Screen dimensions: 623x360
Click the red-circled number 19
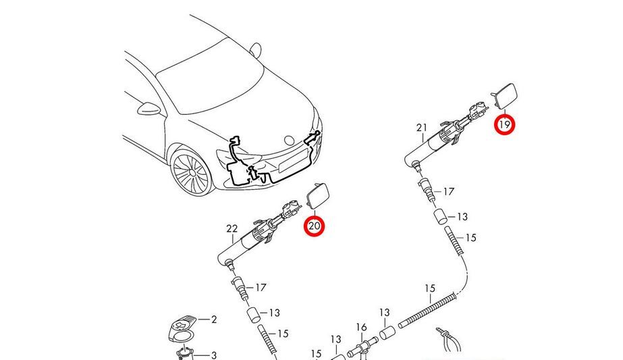[x=504, y=124]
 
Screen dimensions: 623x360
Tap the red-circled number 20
[x=315, y=226]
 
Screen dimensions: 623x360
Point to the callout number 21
[x=422, y=128]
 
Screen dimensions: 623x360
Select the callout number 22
[x=232, y=229]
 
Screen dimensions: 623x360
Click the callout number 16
[x=361, y=328]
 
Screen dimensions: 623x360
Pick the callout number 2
[x=214, y=319]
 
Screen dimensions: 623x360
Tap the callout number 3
[x=214, y=355]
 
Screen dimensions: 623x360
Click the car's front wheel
[x=192, y=172]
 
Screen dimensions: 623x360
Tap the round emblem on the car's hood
[x=290, y=140]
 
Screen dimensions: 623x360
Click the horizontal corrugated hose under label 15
[x=427, y=310]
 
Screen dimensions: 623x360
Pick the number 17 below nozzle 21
[x=449, y=192]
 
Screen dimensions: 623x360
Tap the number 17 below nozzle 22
[x=261, y=288]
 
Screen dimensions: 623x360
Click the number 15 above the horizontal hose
[x=430, y=288]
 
